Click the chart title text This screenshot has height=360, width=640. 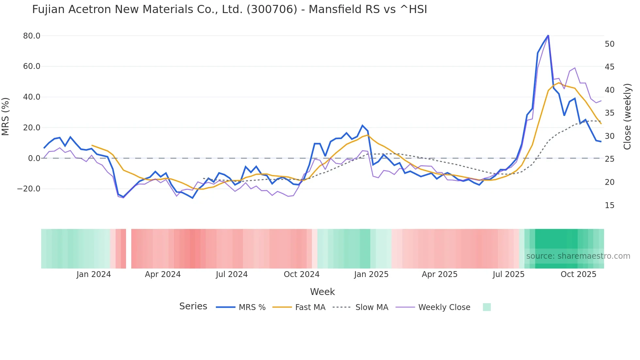point(229,9)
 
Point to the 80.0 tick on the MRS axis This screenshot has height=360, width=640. point(32,36)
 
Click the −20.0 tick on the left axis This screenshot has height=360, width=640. point(29,189)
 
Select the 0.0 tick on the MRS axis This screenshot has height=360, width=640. point(34,158)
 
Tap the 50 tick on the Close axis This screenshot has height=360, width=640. point(610,44)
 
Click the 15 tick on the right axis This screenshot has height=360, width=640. point(610,205)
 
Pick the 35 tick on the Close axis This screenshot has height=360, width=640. point(610,113)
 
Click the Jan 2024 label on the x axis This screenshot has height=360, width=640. point(94,274)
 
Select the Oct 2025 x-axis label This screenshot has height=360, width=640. point(578,274)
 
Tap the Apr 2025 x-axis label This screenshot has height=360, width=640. point(440,274)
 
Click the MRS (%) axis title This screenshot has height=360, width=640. point(6,116)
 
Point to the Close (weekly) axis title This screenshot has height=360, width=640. point(627,116)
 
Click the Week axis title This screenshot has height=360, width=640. point(322,292)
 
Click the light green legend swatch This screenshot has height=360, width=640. point(487,307)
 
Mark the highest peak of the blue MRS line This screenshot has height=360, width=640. point(548,35)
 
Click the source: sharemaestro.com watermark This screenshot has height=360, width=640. point(578,256)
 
